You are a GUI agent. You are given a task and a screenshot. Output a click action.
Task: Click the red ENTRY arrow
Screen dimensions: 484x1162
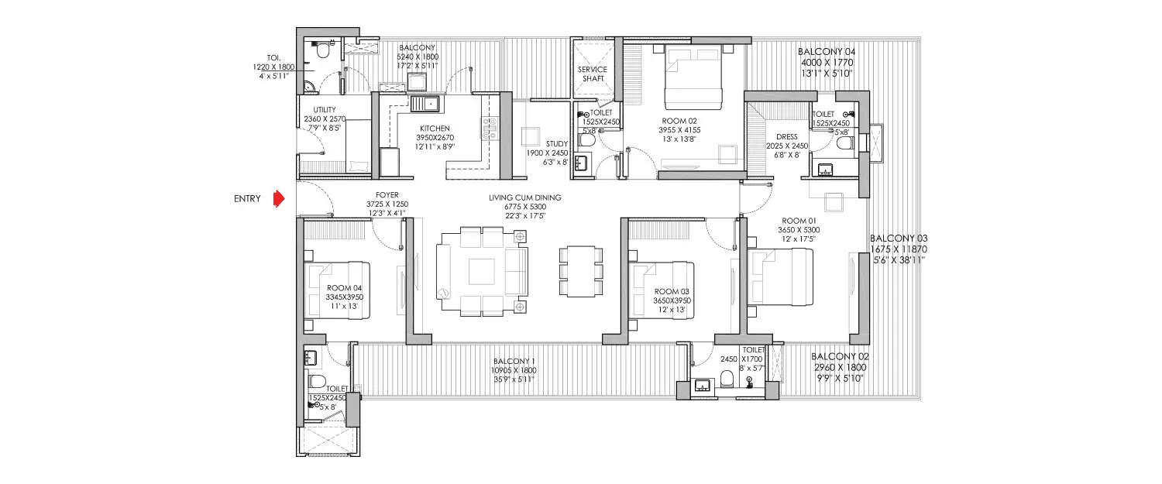pyautogui.click(x=278, y=198)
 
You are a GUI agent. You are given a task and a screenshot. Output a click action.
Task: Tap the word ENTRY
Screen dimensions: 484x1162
pyautogui.click(x=247, y=199)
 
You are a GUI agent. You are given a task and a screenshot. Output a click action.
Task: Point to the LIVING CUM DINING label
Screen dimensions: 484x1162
pyautogui.click(x=524, y=197)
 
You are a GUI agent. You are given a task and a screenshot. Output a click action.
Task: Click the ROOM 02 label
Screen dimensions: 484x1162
pyautogui.click(x=678, y=121)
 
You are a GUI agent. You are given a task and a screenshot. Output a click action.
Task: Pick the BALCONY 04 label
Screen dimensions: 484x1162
pyautogui.click(x=827, y=52)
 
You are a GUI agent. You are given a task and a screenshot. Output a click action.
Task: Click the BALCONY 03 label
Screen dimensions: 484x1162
pyautogui.click(x=899, y=239)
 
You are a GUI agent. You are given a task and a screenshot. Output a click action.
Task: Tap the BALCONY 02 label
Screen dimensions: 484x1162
pyautogui.click(x=841, y=357)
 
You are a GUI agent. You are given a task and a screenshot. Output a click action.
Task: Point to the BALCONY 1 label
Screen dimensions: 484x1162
pyautogui.click(x=513, y=361)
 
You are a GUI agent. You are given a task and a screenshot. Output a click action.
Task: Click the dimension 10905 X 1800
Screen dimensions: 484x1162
pyautogui.click(x=513, y=370)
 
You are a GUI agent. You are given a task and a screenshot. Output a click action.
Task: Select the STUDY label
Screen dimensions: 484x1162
pyautogui.click(x=556, y=143)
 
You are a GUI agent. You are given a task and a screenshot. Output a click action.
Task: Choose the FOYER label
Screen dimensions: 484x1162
pyautogui.click(x=387, y=195)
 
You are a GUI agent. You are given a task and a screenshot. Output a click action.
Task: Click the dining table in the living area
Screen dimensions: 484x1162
pyautogui.click(x=580, y=271)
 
